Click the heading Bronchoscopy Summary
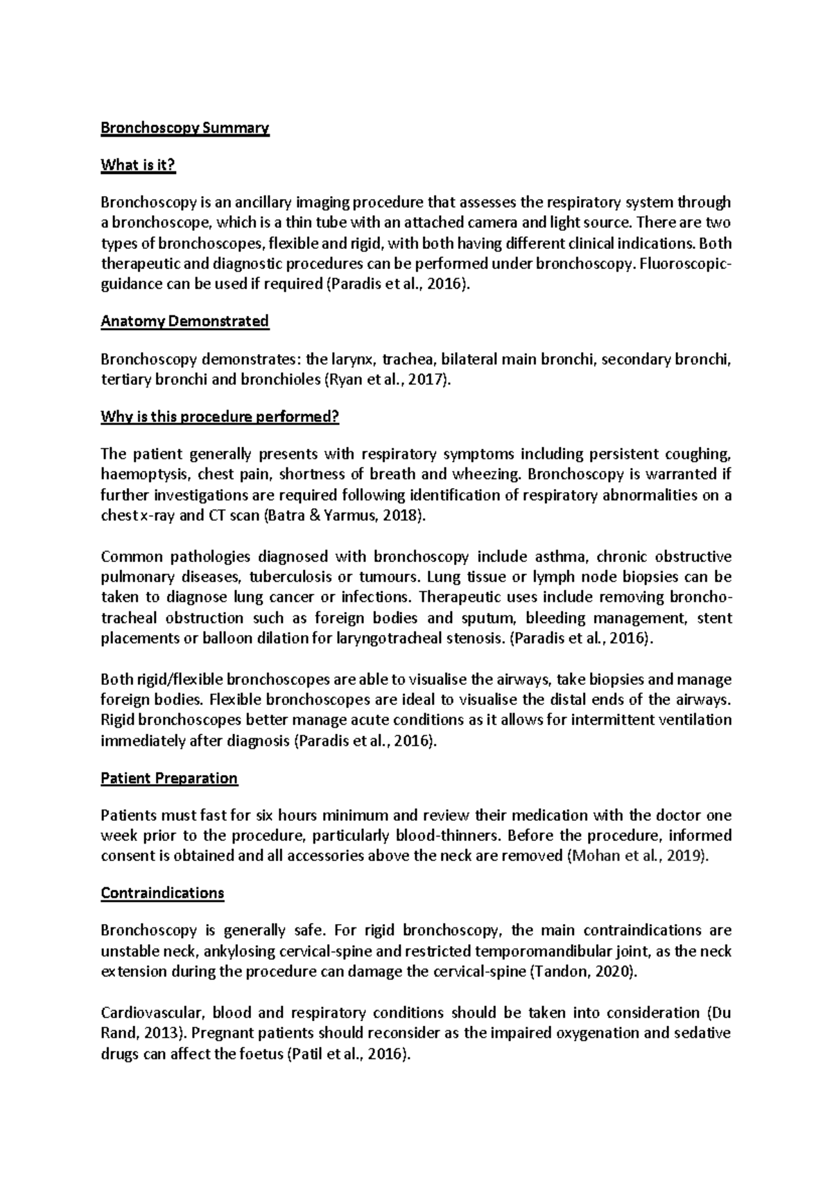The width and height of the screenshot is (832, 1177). pos(184,128)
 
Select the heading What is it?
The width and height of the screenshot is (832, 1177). pos(138,165)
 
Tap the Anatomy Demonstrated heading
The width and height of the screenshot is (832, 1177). pos(184,322)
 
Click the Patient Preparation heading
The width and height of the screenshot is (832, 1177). pos(169,778)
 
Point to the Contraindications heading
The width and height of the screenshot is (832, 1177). pos(162,893)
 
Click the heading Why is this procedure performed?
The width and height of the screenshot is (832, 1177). pos(220,417)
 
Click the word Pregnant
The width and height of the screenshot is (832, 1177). pos(220,1034)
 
